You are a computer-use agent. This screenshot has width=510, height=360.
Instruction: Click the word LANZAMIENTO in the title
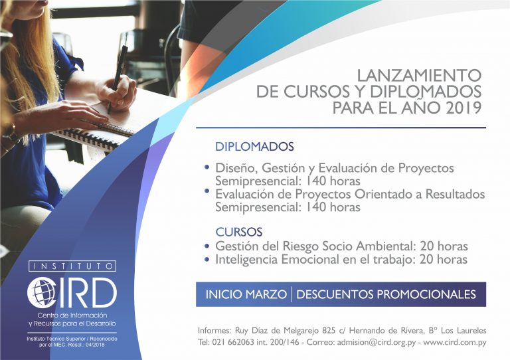pos(419,76)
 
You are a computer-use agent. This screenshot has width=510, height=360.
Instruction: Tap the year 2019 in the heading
pos(464,108)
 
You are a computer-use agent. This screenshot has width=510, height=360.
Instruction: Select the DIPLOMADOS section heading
pos(254,146)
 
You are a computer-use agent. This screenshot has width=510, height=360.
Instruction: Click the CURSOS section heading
pos(239,232)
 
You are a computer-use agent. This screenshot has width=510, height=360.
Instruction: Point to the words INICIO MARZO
pos(246,294)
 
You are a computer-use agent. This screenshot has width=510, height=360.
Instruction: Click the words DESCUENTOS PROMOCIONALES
pos(386,294)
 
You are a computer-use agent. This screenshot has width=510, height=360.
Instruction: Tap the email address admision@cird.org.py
pos(377,342)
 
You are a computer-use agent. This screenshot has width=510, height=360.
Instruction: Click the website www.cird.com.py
pos(455,342)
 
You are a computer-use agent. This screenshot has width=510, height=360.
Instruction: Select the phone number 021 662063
pos(233,342)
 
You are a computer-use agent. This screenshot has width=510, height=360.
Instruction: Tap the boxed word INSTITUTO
pos(72,266)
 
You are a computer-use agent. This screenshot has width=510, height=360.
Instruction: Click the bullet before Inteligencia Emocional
pos(207,260)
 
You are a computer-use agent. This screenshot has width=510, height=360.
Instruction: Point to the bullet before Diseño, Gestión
pos(207,167)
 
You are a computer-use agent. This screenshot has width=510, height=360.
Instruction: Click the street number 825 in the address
pos(329,331)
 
